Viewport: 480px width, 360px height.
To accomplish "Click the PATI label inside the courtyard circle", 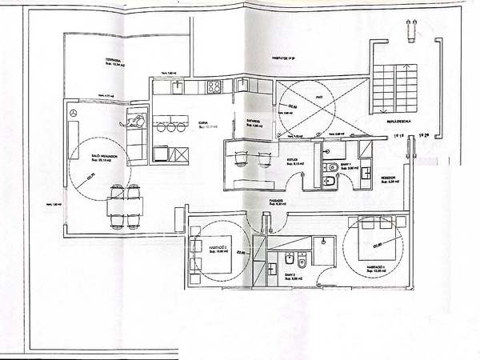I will click(318, 98).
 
